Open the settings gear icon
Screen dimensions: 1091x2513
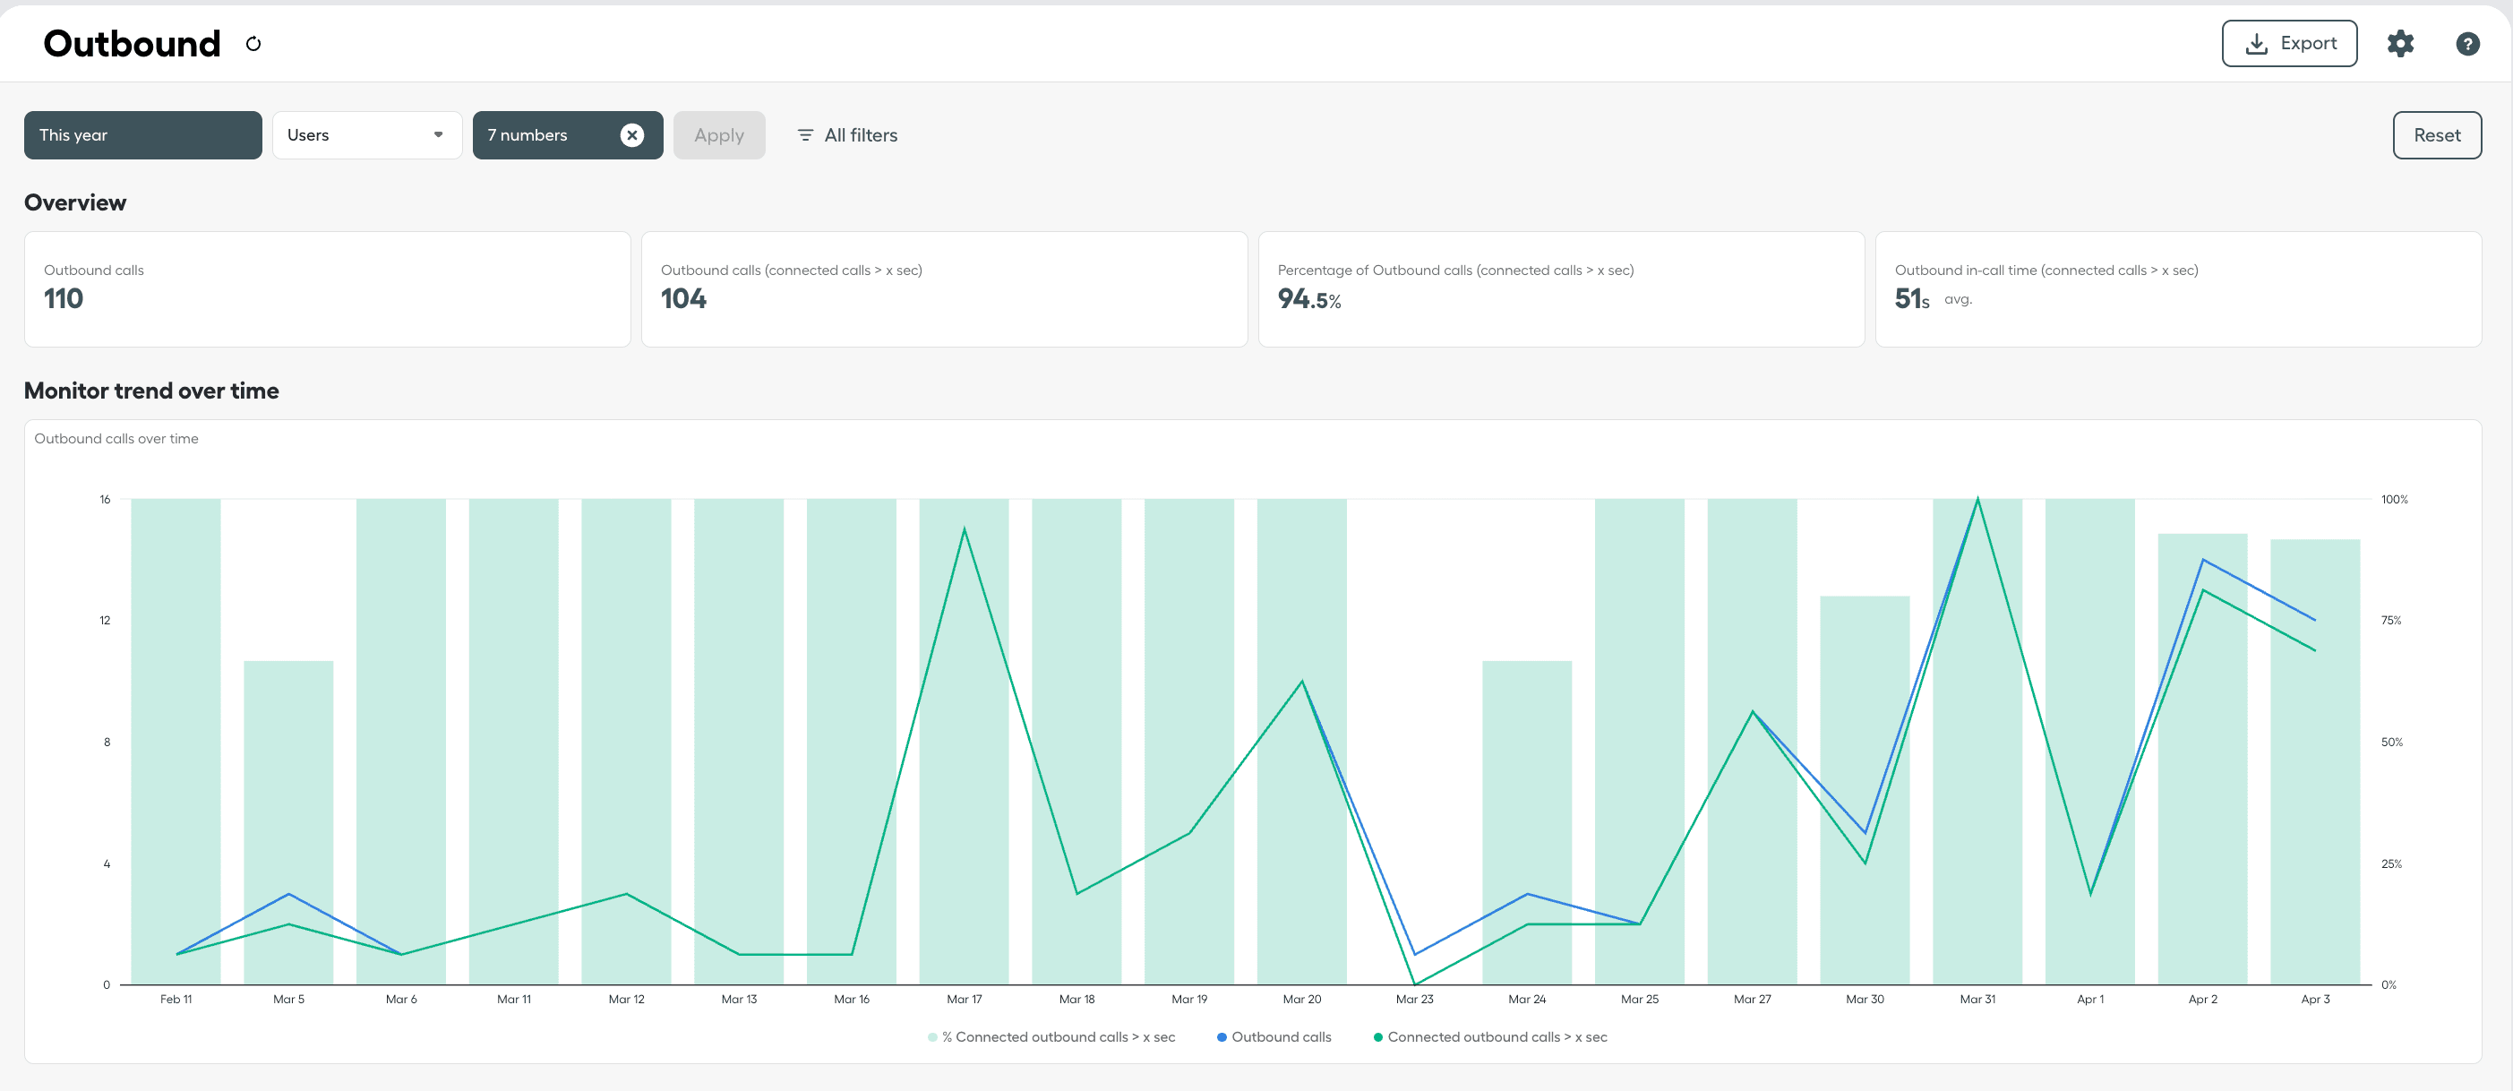pyautogui.click(x=2400, y=43)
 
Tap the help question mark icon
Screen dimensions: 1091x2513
pyautogui.click(x=2467, y=43)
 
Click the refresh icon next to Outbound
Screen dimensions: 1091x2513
pyautogui.click(x=253, y=44)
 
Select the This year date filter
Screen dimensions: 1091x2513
pyautogui.click(x=142, y=134)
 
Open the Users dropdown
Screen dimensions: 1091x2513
pyautogui.click(x=365, y=134)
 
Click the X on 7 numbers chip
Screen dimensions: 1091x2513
pyautogui.click(x=632, y=134)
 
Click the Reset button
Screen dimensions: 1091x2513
pyautogui.click(x=2436, y=134)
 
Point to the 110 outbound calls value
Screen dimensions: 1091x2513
pyautogui.click(x=64, y=298)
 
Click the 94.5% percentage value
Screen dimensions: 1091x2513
pyautogui.click(x=1308, y=298)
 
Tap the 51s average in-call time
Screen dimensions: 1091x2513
pyautogui.click(x=1911, y=298)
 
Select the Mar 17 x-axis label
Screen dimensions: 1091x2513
pyautogui.click(x=964, y=999)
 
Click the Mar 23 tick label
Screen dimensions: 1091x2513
pyautogui.click(x=1414, y=999)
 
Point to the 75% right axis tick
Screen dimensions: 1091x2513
pyautogui.click(x=2391, y=620)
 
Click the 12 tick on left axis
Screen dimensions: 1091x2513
pyautogui.click(x=106, y=620)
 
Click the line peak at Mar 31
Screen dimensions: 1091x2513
pyautogui.click(x=1977, y=500)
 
